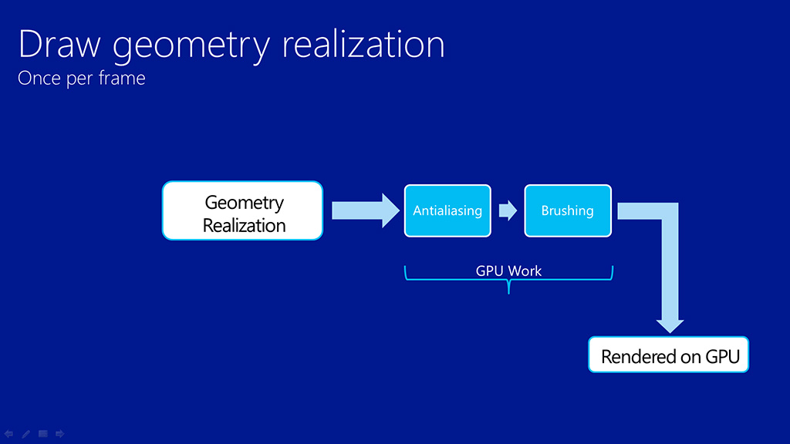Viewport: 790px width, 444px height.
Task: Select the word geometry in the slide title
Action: pos(191,46)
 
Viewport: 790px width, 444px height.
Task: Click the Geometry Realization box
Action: pos(242,210)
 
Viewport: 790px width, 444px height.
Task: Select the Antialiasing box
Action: pos(447,210)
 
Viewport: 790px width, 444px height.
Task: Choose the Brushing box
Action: pos(568,210)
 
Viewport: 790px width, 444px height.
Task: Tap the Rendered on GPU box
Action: pos(669,355)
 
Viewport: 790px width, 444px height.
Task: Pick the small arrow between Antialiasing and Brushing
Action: pos(508,210)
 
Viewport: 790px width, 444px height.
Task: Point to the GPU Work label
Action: pos(508,271)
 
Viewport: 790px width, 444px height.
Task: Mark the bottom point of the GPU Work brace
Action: pos(508,293)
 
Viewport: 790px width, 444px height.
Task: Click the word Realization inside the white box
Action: pos(244,226)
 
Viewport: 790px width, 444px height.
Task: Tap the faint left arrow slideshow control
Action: pos(9,434)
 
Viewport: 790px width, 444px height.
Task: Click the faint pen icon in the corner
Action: pos(25,434)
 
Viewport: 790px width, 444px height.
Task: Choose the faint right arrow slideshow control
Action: pos(59,434)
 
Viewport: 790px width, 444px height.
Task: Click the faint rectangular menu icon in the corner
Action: pos(43,434)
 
